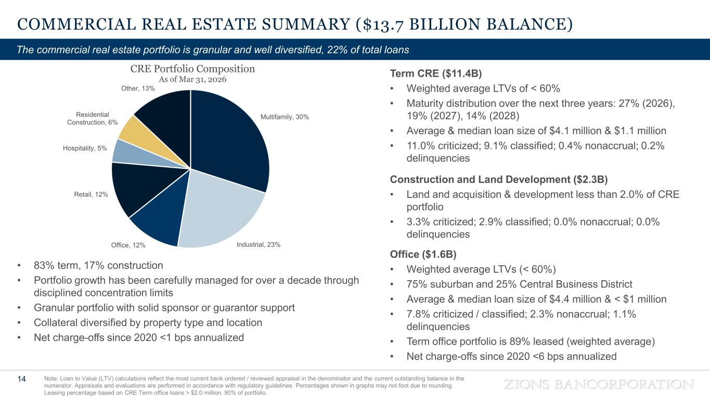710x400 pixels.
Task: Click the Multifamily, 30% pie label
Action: click(x=285, y=117)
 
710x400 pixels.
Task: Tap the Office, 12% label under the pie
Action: click(x=128, y=245)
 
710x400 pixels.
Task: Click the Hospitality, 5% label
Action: click(x=85, y=148)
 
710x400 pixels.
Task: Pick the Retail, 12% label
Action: click(x=91, y=195)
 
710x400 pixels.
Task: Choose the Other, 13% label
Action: click(x=138, y=89)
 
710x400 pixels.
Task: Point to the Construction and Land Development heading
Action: click(x=498, y=180)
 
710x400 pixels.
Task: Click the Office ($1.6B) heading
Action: click(x=423, y=254)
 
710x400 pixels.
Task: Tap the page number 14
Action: click(x=22, y=379)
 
